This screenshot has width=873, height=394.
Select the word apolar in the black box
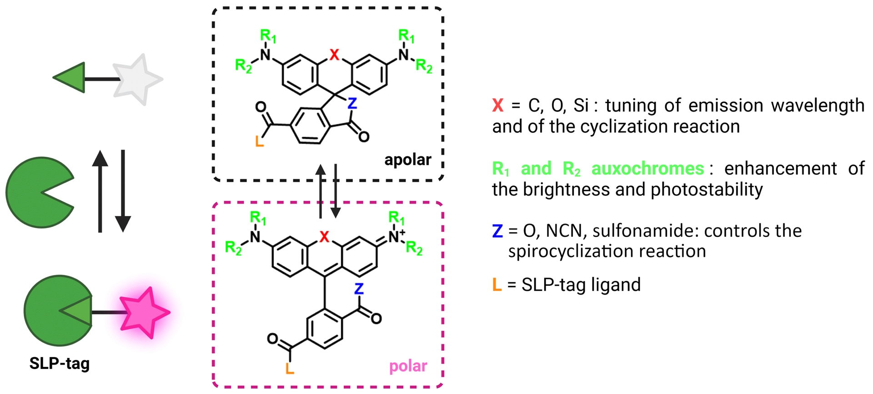pos(407,160)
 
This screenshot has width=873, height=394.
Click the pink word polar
pos(408,366)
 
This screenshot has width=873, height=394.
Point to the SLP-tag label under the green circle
pos(60,364)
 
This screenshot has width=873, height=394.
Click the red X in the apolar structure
pos(335,55)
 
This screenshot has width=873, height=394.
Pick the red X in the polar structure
pos(324,237)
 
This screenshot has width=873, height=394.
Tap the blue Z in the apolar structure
pos(352,104)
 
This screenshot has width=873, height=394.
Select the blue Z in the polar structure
pos(359,289)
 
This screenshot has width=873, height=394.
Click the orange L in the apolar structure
pos(260,141)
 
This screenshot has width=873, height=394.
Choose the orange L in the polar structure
pos(290,368)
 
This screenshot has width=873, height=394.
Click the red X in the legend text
pos(498,105)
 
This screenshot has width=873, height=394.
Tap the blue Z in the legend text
pos(497,231)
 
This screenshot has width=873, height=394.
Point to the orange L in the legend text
pos(497,285)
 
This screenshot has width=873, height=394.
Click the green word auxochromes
pos(647,169)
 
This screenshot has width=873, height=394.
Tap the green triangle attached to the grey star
pos(71,78)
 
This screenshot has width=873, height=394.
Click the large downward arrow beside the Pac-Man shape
pos(123,191)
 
